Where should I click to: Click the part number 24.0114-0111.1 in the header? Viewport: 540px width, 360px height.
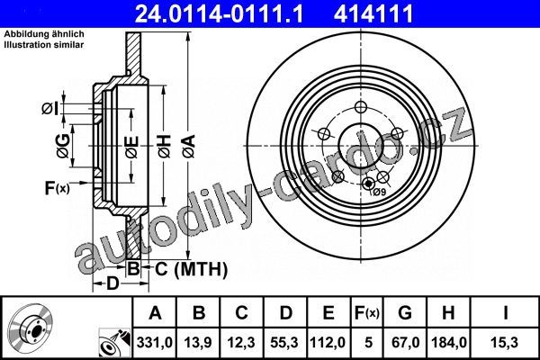point(219,13)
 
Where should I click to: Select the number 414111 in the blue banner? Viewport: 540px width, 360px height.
point(373,13)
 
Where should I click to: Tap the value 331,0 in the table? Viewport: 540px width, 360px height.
point(155,342)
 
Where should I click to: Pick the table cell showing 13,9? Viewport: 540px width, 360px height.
point(198,342)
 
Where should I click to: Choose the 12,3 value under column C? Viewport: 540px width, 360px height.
point(241,342)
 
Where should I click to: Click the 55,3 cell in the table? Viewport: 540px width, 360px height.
point(284,342)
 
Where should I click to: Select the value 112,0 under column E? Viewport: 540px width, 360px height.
point(328,342)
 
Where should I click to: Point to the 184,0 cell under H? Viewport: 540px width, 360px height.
point(449,342)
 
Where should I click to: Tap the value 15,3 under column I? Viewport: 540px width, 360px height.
point(505,342)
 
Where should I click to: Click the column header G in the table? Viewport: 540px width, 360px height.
point(405,313)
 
